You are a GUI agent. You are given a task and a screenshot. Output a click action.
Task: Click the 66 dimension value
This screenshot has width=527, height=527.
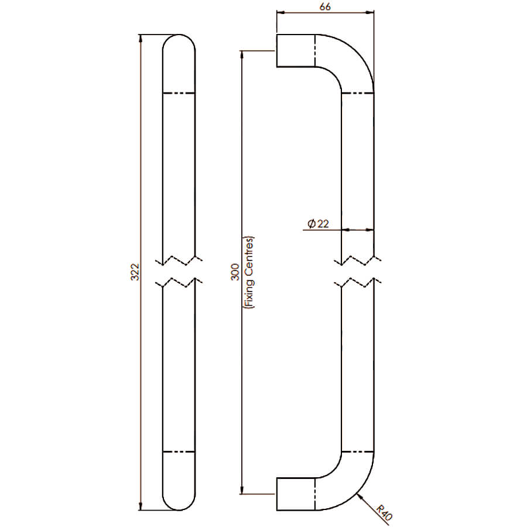point(325,6)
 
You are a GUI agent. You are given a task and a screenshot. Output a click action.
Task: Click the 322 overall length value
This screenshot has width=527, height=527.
point(135,272)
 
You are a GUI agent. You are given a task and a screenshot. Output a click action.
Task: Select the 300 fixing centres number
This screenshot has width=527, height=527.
point(235,272)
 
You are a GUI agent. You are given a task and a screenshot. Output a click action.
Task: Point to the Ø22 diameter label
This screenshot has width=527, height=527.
point(319,224)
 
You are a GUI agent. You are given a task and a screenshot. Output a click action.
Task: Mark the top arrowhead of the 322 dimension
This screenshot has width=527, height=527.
point(141,38)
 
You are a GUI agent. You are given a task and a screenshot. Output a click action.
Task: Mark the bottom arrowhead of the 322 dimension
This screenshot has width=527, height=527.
point(141,507)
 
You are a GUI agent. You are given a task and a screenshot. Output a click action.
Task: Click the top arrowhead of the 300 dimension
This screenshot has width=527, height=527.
point(241,54)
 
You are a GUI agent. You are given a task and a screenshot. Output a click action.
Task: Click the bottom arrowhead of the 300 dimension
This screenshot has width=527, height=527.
point(241,490)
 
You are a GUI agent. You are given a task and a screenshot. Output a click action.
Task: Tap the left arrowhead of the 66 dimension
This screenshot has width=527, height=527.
point(280,13)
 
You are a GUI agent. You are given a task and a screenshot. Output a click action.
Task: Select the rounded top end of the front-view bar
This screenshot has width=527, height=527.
point(179,35)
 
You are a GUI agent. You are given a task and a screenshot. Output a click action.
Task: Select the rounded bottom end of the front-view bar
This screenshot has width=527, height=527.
point(179,510)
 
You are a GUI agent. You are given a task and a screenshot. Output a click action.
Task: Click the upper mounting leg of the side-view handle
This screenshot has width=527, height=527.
point(296,51)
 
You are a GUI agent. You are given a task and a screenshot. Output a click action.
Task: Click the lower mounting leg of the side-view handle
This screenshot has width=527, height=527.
point(296,494)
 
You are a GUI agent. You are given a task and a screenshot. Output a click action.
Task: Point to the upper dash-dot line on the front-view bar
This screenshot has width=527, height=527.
point(179,93)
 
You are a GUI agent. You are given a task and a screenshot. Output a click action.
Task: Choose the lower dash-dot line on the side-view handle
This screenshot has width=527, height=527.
point(358,451)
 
